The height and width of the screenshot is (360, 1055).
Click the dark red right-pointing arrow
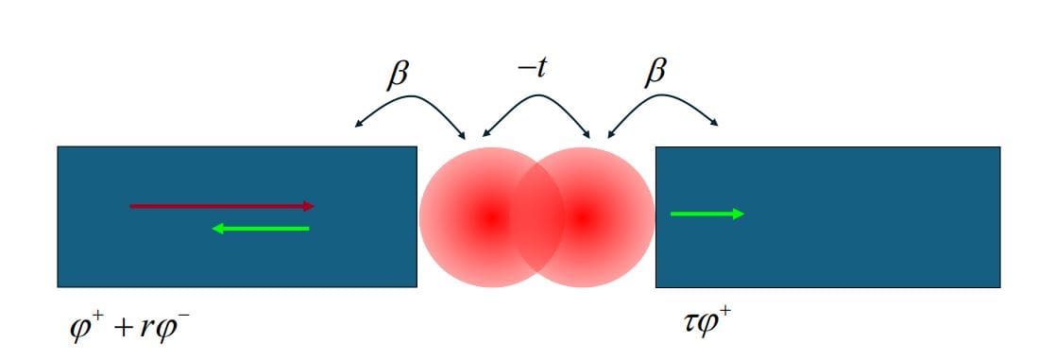(221, 205)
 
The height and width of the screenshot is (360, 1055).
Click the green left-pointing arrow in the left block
(261, 228)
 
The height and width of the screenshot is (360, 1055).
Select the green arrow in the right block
(706, 214)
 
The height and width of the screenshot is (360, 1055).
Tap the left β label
(399, 76)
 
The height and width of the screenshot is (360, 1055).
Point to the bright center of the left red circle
(490, 216)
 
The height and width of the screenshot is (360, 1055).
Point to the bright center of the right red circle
(583, 216)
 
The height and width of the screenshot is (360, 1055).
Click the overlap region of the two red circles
(536, 216)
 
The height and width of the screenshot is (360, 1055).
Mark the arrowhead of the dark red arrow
(308, 205)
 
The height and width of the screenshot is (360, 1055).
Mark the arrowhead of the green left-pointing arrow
(218, 228)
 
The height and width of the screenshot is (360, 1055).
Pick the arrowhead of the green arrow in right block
(739, 214)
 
